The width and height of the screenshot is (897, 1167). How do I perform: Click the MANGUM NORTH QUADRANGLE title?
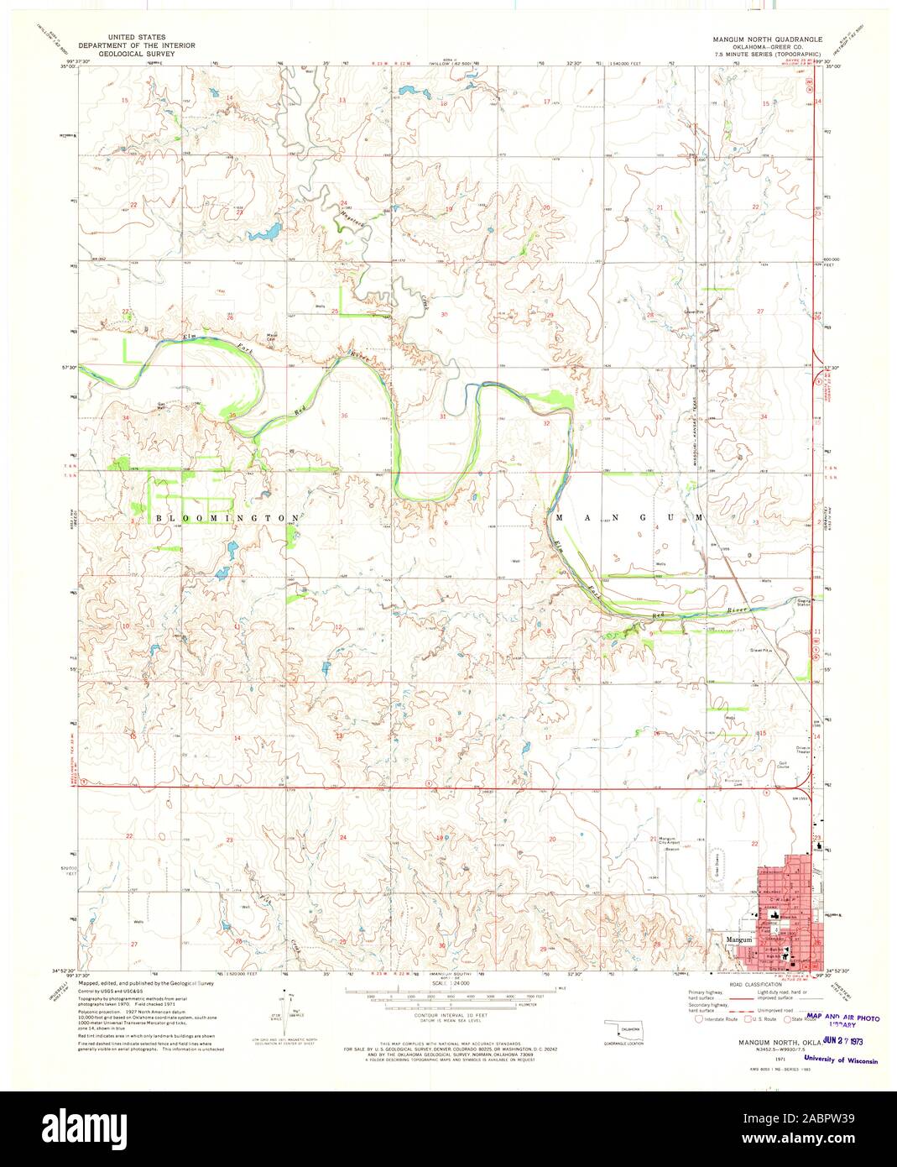767,39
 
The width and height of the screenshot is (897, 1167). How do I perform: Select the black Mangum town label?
738,939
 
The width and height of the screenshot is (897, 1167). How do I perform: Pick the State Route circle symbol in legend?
786,1020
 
